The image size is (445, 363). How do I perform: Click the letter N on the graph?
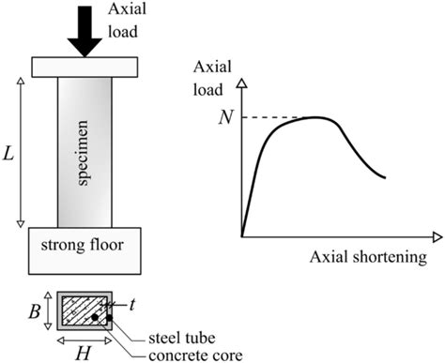222,117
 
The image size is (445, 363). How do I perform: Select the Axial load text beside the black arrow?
127,20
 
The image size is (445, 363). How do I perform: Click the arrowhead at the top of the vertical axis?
242,83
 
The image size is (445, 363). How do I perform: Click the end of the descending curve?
386,177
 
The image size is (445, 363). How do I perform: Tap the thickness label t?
129,304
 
